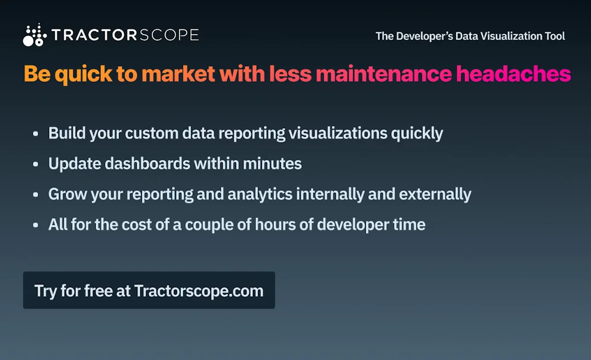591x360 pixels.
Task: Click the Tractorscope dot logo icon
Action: pos(34,35)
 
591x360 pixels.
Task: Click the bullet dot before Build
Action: pos(36,134)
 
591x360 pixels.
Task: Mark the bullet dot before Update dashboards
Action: pos(36,164)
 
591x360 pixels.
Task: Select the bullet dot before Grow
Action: pos(36,194)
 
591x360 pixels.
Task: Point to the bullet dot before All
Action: pos(36,224)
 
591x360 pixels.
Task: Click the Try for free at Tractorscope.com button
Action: pos(149,290)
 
